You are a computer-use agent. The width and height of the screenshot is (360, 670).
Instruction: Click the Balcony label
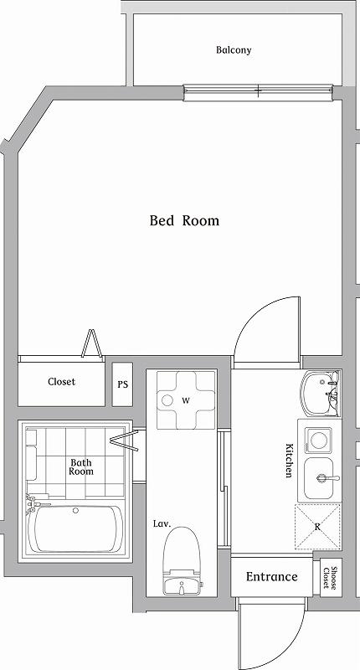click(x=234, y=50)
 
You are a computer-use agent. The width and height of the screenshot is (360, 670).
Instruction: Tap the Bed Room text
click(x=184, y=221)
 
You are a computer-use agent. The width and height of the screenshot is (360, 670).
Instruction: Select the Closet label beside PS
click(x=61, y=382)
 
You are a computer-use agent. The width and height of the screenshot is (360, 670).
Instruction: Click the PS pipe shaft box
click(x=123, y=385)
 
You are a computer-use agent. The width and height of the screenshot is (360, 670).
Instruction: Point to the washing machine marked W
click(x=185, y=400)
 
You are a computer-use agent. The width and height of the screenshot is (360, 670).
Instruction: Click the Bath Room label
click(x=81, y=466)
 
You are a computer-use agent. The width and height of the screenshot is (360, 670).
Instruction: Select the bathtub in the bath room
click(x=77, y=528)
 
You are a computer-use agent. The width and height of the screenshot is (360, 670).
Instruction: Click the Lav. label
click(x=162, y=523)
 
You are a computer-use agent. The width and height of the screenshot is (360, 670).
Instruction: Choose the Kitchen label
click(x=289, y=461)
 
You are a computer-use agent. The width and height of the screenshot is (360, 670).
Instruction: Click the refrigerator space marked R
click(x=318, y=527)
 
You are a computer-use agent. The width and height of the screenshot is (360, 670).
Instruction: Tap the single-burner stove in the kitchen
click(x=318, y=440)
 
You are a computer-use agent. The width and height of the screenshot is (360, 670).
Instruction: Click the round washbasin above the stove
click(x=319, y=394)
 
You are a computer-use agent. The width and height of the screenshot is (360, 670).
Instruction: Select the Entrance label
click(x=271, y=577)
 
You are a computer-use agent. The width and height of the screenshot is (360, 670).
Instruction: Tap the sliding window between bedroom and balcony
click(x=258, y=90)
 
